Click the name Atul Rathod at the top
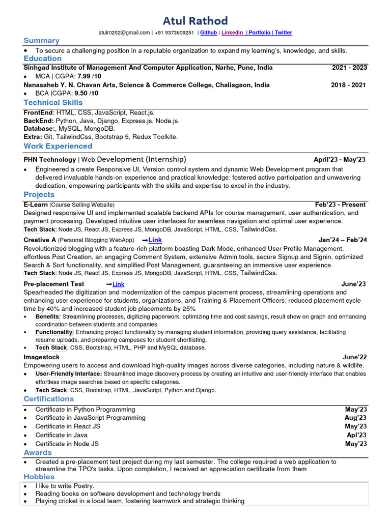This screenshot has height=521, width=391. click(x=195, y=21)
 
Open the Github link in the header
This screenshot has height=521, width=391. click(x=208, y=33)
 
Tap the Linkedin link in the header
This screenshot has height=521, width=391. click(x=232, y=33)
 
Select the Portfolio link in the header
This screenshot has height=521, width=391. click(x=260, y=33)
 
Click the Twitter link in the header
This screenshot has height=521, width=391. click(x=283, y=33)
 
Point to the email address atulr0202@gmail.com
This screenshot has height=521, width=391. click(x=124, y=33)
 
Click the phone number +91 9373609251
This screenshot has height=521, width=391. click(x=175, y=33)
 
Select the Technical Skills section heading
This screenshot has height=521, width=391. click(x=53, y=102)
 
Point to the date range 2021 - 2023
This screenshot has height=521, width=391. click(x=349, y=68)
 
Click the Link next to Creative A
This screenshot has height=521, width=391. click(x=155, y=240)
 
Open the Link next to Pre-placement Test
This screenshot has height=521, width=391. click(x=118, y=284)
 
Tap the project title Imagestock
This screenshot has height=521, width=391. click(x=41, y=357)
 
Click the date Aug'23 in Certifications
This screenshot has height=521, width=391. click(x=355, y=418)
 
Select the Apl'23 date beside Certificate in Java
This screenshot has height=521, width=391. click(x=356, y=435)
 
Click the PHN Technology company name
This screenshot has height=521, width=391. click(x=49, y=160)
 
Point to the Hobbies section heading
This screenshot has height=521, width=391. click(x=39, y=477)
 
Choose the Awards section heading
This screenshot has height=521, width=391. click(x=38, y=452)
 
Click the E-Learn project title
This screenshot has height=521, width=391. click(x=35, y=205)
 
